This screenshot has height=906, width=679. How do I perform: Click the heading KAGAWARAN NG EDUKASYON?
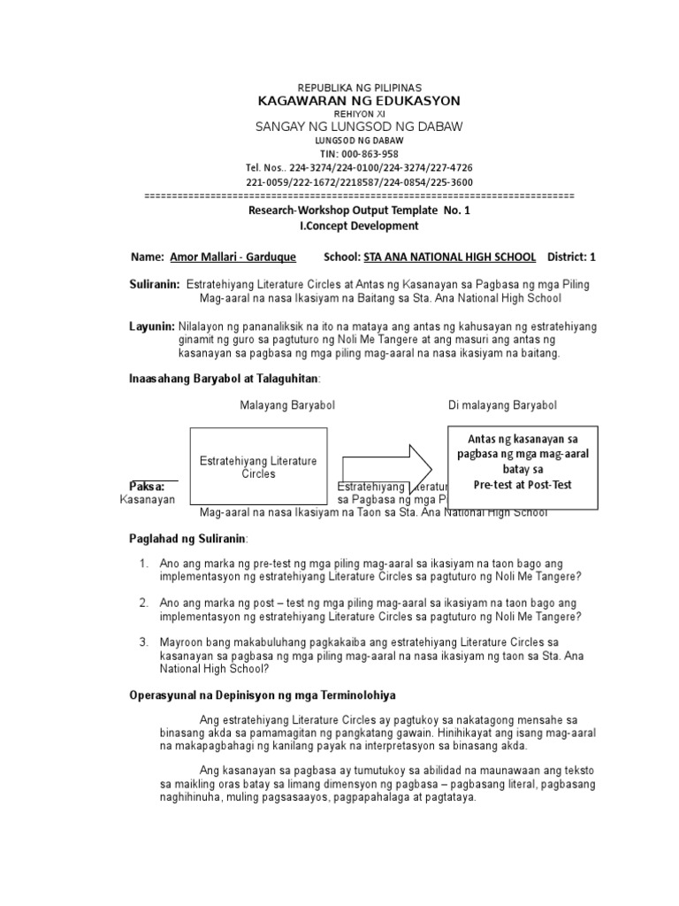[x=359, y=102]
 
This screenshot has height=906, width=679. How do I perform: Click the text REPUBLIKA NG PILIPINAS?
[x=359, y=88]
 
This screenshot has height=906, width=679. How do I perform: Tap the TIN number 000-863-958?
[x=359, y=154]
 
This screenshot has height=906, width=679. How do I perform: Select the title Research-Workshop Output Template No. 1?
[x=359, y=211]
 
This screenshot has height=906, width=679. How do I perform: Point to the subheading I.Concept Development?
[x=359, y=226]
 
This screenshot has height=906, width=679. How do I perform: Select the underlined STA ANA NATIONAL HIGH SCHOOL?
[x=443, y=257]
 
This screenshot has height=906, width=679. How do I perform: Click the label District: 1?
[x=572, y=257]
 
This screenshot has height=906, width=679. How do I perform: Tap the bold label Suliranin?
[x=155, y=285]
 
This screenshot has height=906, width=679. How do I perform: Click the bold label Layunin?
[x=152, y=326]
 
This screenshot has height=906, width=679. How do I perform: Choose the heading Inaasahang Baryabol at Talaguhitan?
[x=224, y=379]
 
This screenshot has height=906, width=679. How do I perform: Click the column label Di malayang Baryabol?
[x=502, y=405]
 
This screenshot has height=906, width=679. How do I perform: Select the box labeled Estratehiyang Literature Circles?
[x=258, y=466]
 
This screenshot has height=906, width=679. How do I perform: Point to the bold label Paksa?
[x=147, y=487]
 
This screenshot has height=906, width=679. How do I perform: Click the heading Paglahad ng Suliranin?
[x=188, y=538]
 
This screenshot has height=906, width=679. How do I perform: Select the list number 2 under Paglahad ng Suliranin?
[x=143, y=603]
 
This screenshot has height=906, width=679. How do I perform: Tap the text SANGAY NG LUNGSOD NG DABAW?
[x=359, y=127]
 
